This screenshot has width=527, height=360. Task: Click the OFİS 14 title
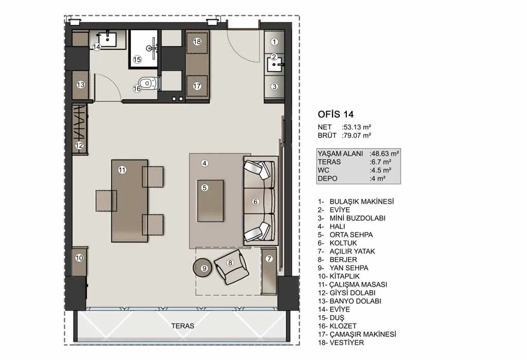click(x=336, y=114)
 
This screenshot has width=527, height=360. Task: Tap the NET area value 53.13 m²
click(x=356, y=127)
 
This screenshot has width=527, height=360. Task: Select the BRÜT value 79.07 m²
click(x=356, y=135)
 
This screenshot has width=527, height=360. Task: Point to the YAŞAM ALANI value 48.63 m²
click(x=384, y=153)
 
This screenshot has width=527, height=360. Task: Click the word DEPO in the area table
click(x=327, y=178)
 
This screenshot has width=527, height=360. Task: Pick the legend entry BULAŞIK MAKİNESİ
click(x=362, y=202)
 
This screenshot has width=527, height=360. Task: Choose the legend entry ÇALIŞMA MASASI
click(x=358, y=284)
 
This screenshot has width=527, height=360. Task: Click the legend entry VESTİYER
click(x=347, y=343)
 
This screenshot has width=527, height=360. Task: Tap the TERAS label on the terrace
click(x=183, y=326)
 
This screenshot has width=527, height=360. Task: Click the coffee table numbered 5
click(x=210, y=201)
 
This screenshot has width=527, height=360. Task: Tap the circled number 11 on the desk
click(x=122, y=170)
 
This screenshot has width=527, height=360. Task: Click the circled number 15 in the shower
click(x=137, y=60)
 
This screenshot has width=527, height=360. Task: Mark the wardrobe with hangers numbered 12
click(x=80, y=129)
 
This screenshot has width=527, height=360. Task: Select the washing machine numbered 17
click(x=197, y=86)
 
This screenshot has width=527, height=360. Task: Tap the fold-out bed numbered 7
click(x=269, y=271)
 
